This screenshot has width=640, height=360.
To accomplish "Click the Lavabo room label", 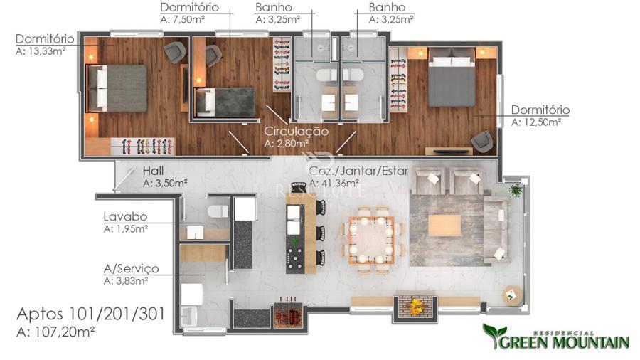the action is (125, 216).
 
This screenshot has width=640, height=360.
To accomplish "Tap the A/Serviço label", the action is (131, 268).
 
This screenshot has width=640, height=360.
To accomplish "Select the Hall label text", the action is (153, 171).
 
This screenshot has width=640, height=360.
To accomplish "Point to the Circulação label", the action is (296, 132).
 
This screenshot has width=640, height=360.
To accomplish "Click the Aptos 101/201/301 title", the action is (90, 314).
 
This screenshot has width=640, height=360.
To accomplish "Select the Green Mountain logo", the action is (556, 337).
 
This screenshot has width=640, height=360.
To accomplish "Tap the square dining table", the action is (371, 240).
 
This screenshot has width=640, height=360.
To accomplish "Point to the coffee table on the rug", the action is (445, 226).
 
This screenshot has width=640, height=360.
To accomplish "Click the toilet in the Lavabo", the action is (218, 211).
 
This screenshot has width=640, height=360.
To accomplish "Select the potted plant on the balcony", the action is (516, 190).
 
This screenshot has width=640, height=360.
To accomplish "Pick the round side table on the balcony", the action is (512, 295).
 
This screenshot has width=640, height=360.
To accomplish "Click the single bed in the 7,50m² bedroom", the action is (225, 102).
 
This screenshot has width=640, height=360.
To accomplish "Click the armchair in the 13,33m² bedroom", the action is (175, 52).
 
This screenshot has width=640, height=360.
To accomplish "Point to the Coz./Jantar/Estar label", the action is (358, 171).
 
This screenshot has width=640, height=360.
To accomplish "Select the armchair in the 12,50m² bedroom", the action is (482, 141).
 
